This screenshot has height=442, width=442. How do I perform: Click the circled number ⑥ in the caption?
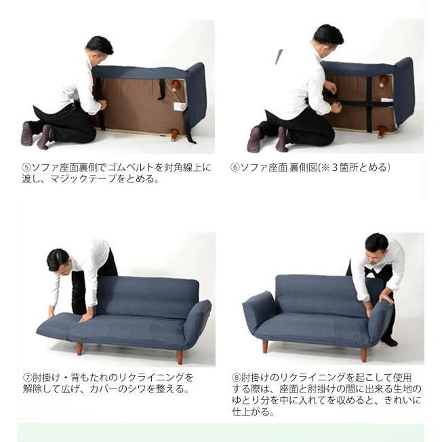click(235, 167)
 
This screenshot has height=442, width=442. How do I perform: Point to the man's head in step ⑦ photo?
click(58, 260)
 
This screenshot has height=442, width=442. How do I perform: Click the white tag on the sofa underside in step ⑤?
click(180, 106)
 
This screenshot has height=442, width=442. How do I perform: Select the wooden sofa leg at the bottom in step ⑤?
click(174, 134)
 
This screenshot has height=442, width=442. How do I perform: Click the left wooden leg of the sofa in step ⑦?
click(79, 348)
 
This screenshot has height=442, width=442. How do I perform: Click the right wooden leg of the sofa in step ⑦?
click(180, 356)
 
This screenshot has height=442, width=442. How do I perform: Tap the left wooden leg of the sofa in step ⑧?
click(265, 346)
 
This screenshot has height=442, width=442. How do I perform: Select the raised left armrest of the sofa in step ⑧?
click(259, 310)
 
